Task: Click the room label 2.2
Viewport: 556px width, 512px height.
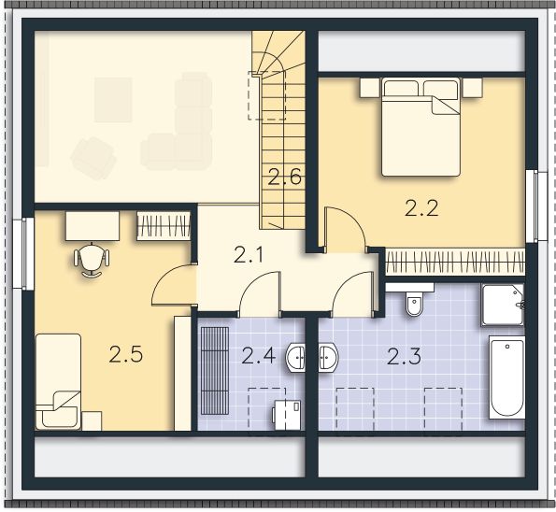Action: click(x=421, y=209)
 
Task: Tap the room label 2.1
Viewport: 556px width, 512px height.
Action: click(x=249, y=254)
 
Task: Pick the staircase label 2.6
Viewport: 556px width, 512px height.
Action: click(x=284, y=176)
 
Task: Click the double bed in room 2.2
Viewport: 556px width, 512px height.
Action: click(x=421, y=127)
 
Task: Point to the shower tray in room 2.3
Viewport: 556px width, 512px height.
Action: click(x=502, y=304)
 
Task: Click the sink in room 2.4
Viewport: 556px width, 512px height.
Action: click(x=297, y=356)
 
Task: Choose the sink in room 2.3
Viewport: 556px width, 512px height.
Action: click(x=328, y=356)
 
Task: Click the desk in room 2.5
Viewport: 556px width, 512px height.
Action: click(x=92, y=225)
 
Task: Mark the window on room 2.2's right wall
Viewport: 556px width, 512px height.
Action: click(x=533, y=205)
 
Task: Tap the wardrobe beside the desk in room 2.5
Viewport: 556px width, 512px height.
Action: click(x=164, y=225)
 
